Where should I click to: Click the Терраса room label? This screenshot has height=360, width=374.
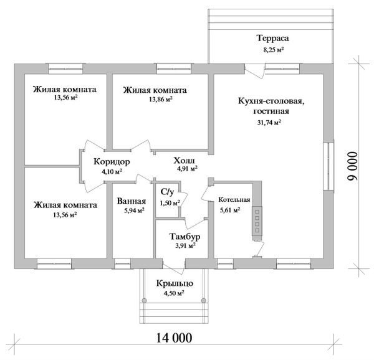tap(273, 38)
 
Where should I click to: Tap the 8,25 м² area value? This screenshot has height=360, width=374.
tap(274, 50)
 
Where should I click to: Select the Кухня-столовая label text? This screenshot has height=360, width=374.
tap(271, 102)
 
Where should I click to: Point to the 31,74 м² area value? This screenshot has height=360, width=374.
tap(269, 123)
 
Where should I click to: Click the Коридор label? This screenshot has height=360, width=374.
tap(112, 161)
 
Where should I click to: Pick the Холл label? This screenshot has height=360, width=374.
tap(184, 161)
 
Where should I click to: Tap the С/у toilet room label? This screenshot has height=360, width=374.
tap(167, 192)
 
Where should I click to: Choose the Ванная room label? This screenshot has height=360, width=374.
tap(132, 201)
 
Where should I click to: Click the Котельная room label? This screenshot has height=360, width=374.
tap(234, 200)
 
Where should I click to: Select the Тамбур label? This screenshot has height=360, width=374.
tap(185, 236)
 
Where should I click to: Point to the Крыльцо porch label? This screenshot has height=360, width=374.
tap(175, 283)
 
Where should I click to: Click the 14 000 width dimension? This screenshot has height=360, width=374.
tap(174, 338)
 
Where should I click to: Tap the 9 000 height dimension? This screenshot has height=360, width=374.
tap(353, 166)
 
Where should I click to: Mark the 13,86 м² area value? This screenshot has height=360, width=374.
tap(161, 100)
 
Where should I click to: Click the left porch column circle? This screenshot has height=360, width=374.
tap(144, 300)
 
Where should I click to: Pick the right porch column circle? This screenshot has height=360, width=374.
tap(203, 300)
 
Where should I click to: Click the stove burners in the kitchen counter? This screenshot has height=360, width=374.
tap(257, 221)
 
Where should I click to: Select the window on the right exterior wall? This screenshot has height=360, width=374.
tap(328, 166)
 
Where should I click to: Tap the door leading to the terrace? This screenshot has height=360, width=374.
tap(255, 71)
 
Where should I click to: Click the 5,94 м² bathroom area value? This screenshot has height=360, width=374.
tap(134, 211)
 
